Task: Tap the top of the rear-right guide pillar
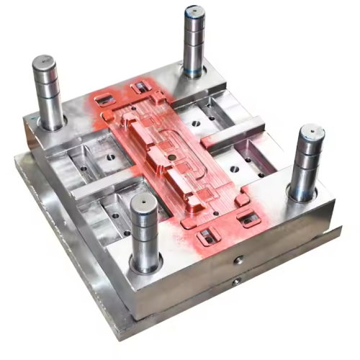tap(194, 13)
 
